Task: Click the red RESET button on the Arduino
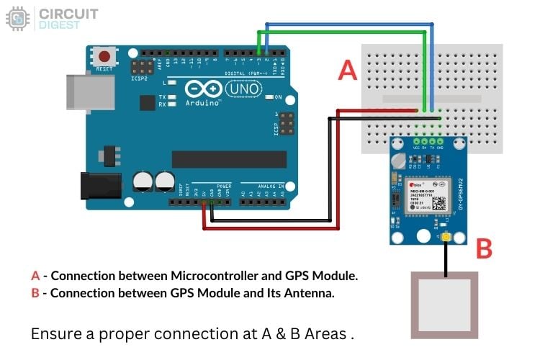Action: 106,56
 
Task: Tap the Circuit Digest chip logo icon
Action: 17,19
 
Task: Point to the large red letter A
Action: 348,70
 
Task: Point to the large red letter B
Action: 484,249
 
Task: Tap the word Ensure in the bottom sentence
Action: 52,334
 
